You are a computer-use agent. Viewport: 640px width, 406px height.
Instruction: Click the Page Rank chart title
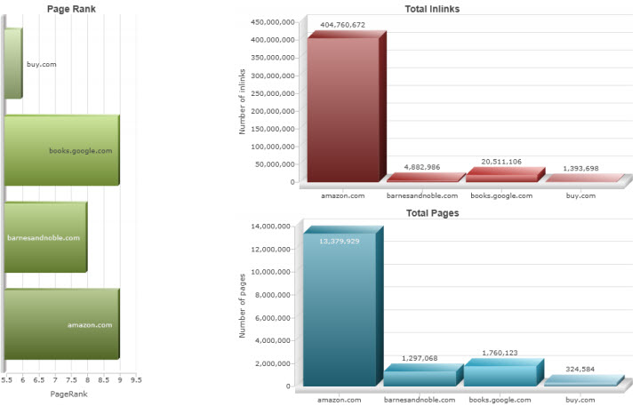72,8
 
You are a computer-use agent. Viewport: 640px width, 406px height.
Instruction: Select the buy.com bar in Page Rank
12,63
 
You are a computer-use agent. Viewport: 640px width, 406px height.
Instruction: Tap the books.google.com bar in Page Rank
61,150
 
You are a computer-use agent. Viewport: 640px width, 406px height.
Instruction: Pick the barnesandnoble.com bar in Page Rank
45,237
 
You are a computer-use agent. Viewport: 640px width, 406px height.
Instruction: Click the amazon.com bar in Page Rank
61,324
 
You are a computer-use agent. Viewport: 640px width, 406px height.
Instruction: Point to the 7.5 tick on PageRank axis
71,379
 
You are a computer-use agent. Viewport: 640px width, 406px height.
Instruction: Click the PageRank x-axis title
68,393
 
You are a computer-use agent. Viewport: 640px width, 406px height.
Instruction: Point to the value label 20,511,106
502,161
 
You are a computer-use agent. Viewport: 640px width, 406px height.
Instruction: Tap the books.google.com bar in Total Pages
501,375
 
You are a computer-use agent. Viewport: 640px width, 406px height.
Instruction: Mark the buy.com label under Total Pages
580,400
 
